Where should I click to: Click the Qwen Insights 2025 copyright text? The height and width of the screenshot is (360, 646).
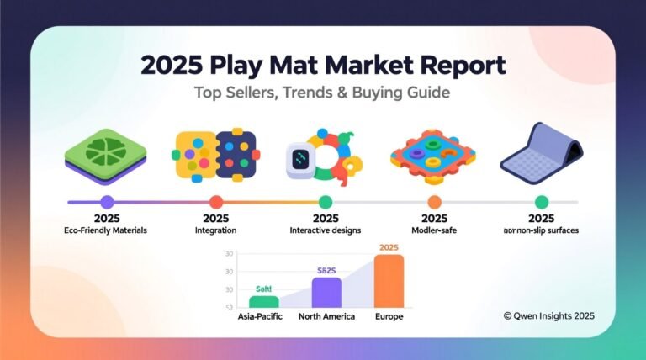548,315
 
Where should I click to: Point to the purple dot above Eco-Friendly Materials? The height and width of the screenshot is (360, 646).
106,202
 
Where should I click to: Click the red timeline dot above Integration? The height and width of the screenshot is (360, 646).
215,202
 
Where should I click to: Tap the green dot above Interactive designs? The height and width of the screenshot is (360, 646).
326,202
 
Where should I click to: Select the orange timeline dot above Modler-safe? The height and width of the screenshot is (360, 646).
434,202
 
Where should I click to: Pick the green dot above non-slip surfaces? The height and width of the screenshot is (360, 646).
542,202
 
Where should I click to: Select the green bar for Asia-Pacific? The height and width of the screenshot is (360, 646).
264,301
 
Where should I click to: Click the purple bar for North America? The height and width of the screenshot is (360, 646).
326,292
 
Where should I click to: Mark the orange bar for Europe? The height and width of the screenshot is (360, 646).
389,281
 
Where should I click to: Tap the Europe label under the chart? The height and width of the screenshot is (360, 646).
389,317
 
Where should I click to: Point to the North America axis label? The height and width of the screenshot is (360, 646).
327,317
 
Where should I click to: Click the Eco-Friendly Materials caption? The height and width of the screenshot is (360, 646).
106,230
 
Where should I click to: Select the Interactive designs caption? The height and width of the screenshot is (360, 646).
326,230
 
